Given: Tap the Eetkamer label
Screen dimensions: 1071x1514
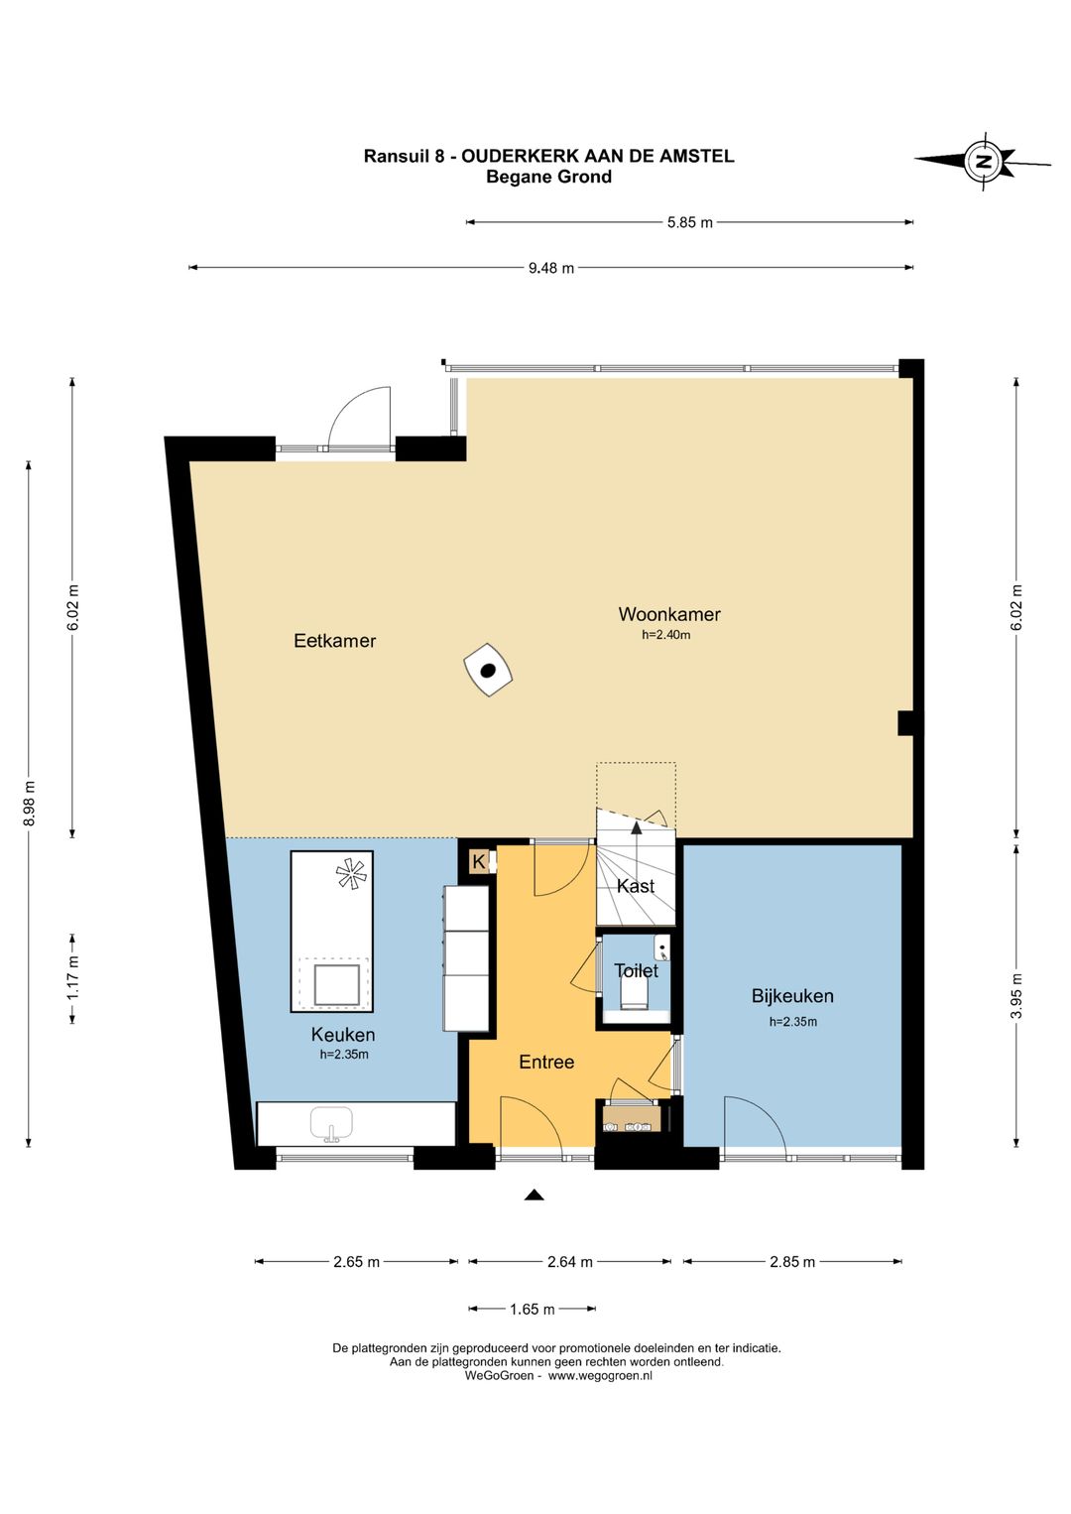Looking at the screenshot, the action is pos(334,641).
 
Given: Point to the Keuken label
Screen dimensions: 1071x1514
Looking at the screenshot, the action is pos(342,1035).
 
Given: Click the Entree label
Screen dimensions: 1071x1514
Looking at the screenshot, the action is pos(546,1062).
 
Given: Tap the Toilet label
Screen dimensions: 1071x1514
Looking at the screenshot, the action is pos(636,971).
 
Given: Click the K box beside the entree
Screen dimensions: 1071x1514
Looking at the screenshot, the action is pos(478,862).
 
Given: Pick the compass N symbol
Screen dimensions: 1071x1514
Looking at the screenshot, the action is pos(983,161).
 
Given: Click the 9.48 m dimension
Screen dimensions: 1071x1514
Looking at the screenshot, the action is pos(551,268).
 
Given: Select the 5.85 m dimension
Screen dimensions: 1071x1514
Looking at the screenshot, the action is pos(690,221).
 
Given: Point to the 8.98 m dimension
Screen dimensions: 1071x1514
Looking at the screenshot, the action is pos(29,803).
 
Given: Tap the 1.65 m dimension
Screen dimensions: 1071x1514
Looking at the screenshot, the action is pos(532,1310).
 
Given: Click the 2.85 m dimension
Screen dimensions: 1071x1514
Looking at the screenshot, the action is pos(792,1262).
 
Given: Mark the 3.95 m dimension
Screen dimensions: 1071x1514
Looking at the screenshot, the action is pos(1016,995).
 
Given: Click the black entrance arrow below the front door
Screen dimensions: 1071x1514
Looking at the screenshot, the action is pos(535,1195).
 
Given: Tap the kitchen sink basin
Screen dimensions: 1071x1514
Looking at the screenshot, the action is pos(331,1123).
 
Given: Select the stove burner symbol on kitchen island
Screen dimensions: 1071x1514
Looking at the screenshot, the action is pos(351,874).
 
